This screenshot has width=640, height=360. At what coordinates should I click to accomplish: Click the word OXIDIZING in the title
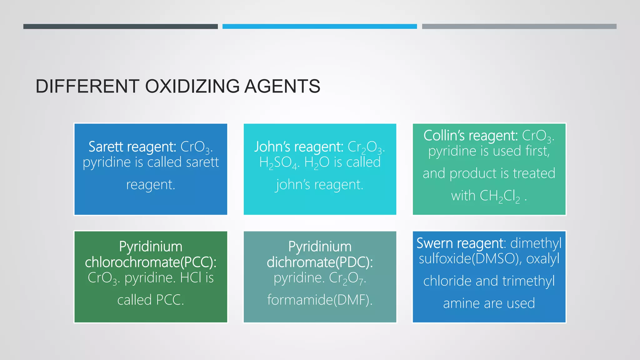192,86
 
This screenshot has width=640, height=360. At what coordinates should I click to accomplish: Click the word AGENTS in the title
282,86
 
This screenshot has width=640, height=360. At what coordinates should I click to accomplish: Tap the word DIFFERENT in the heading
87,86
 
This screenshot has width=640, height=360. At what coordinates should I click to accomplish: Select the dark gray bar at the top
120,27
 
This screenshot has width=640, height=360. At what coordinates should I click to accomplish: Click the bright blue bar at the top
319,27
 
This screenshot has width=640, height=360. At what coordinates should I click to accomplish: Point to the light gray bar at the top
519,27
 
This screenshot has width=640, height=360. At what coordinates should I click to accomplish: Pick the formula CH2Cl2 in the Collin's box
500,196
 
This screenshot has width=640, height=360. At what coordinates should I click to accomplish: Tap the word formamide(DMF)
320,300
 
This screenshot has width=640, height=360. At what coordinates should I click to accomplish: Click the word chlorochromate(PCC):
151,262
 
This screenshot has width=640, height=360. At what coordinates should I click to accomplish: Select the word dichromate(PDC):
320,262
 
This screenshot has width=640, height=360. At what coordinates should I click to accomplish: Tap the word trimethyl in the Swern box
528,281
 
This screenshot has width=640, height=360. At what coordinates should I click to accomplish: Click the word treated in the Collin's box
534,173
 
